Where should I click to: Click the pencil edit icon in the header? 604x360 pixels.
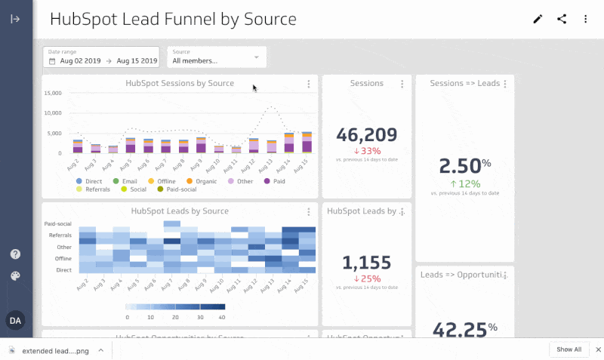[538, 20]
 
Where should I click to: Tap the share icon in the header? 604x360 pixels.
[562, 20]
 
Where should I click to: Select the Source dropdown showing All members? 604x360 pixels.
[216, 57]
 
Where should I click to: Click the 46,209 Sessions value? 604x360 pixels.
[367, 135]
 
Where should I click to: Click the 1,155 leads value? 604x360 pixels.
[367, 263]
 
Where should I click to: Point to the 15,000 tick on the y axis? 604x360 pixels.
[53, 94]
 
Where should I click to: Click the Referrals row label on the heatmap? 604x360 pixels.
[60, 235]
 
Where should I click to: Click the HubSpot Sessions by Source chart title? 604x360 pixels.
[180, 83]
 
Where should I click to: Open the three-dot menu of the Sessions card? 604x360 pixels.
[402, 84]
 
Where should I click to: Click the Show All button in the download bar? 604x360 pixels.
[569, 349]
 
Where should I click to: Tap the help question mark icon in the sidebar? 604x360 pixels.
[15, 254]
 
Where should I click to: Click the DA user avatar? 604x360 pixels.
[15, 321]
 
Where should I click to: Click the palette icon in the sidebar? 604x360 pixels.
[15, 276]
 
